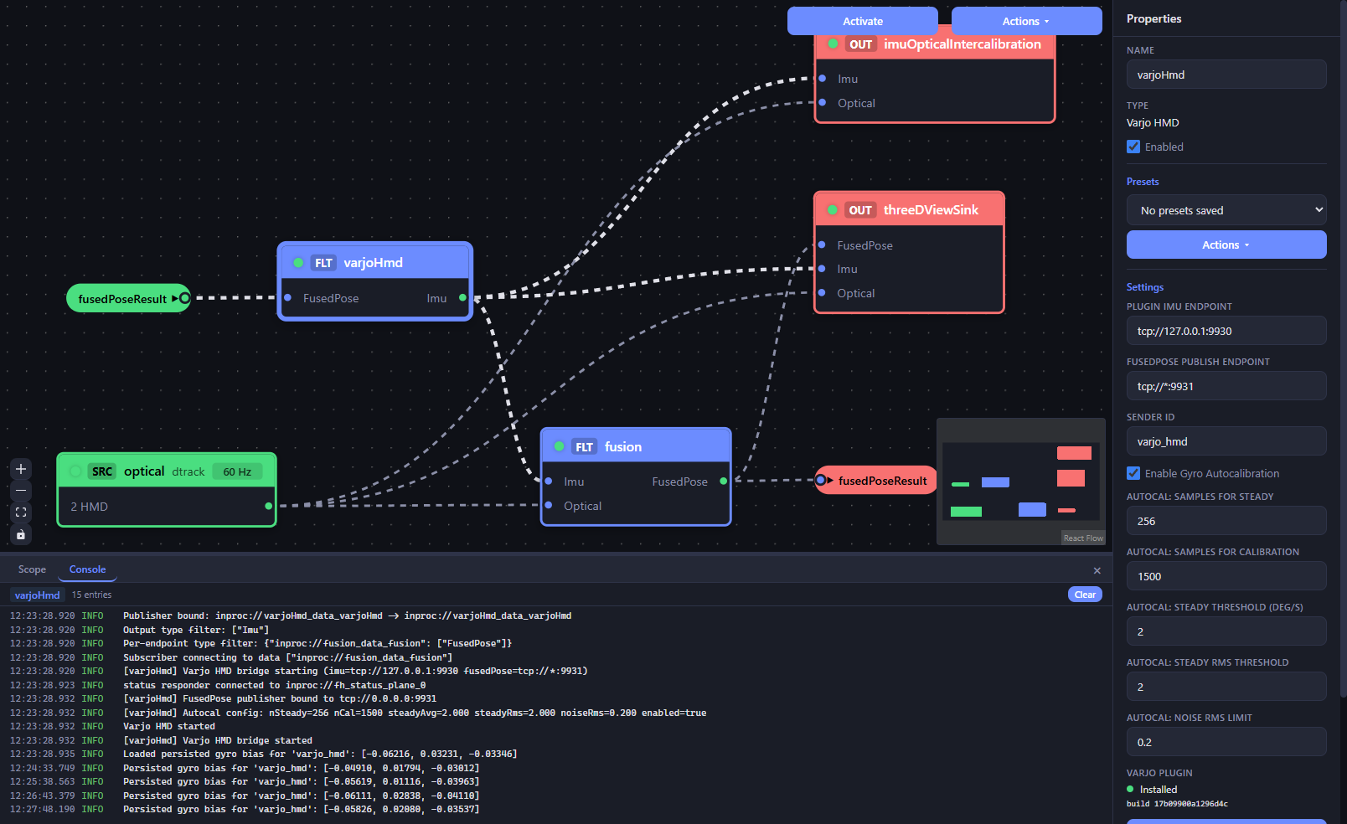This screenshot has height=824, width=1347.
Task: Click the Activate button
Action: point(862,21)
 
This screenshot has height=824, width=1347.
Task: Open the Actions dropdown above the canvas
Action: point(1026,21)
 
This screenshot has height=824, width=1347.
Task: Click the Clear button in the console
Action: point(1085,595)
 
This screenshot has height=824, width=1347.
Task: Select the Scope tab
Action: point(32,569)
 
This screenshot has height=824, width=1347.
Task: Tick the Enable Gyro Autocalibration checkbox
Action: point(1133,473)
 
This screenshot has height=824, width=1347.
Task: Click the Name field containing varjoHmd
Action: point(1226,75)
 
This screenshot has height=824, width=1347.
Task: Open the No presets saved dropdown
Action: point(1226,210)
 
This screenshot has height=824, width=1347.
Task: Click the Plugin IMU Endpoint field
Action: point(1226,331)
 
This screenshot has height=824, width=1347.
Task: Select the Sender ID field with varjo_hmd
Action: point(1226,442)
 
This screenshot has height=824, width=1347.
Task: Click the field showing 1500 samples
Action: point(1226,576)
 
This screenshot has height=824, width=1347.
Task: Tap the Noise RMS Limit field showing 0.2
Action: point(1226,742)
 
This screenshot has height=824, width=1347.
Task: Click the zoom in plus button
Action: point(21,469)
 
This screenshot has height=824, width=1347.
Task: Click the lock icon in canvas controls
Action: point(21,534)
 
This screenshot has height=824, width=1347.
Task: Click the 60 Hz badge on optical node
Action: point(237,471)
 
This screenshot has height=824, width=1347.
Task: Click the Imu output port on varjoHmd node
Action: point(462,297)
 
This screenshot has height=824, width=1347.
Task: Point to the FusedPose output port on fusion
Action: point(724,481)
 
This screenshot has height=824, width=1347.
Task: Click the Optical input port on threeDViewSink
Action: point(822,293)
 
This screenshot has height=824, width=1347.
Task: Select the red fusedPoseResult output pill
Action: point(875,480)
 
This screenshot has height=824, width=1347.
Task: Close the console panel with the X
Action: point(1097,570)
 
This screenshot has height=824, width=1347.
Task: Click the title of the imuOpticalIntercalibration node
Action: point(963,44)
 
